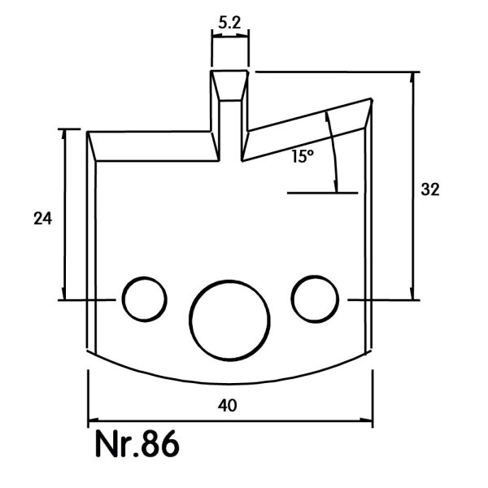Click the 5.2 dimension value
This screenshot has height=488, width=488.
tap(229, 23)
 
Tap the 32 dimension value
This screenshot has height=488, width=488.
tap(430, 190)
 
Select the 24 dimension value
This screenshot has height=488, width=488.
tap(42, 218)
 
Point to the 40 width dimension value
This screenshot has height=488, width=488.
tap(228, 405)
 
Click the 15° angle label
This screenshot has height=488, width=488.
tap(303, 155)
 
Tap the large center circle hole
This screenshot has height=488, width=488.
tap(229, 320)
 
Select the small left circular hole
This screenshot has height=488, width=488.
tap(145, 299)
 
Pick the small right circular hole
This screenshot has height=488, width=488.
tap(315, 298)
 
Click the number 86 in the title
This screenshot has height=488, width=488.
tap(160, 443)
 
